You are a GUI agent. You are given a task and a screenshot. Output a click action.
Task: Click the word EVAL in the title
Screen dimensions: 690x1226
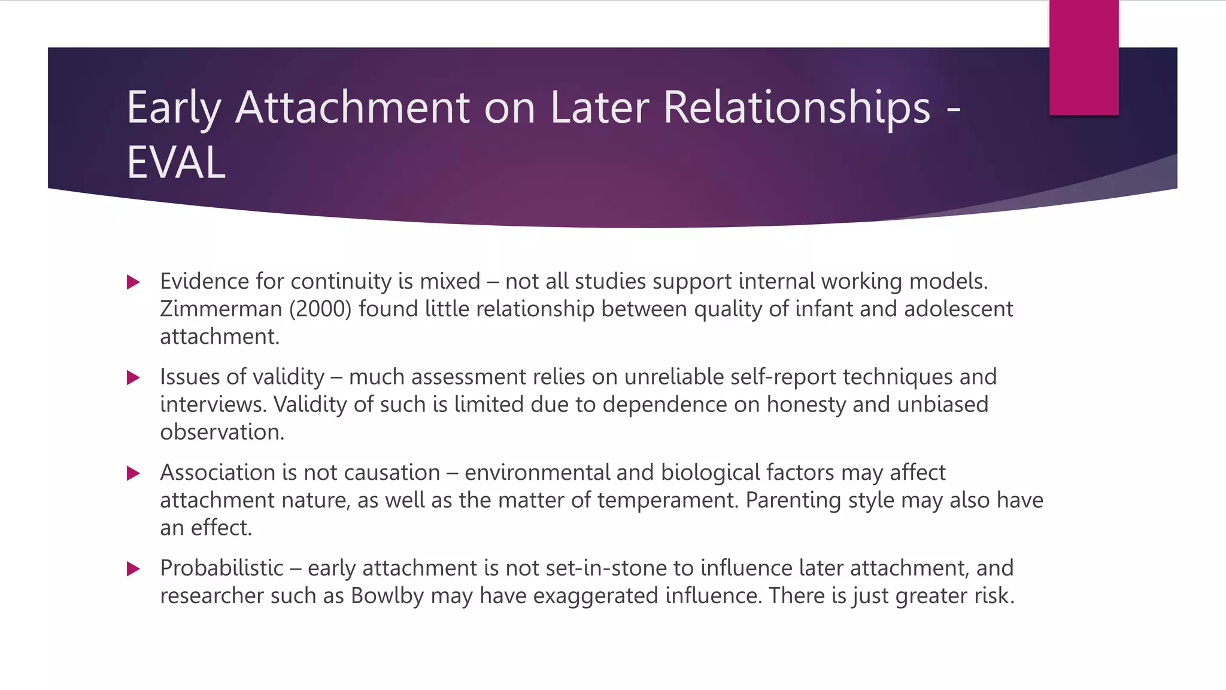176,162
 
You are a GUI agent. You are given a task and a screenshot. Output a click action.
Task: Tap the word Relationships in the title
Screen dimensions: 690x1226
797,108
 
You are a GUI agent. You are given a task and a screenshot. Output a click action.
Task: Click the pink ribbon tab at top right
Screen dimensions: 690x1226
1084,57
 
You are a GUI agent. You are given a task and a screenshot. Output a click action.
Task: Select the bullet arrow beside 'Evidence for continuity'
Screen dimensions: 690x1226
133,282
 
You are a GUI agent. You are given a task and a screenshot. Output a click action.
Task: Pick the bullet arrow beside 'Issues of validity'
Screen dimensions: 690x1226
133,377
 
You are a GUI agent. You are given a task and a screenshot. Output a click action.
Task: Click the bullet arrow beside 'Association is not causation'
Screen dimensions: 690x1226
133,473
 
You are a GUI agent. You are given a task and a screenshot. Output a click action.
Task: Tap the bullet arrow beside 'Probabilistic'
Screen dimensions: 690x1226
133,568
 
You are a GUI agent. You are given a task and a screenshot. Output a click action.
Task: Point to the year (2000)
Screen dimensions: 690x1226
320,309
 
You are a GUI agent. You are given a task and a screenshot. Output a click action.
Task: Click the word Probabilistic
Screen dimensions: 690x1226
221,568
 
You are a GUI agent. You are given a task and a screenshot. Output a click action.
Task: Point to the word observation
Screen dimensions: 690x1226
222,432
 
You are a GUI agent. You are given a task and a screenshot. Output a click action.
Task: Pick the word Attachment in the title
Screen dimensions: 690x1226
353,108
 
